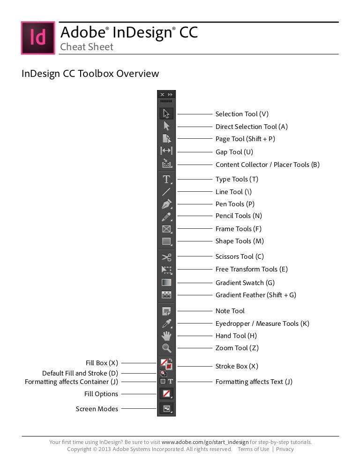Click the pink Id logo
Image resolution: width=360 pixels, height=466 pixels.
pos(38,38)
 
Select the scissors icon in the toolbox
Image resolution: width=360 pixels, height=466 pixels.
pos(166,257)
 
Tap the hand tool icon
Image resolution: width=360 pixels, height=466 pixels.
pos(166,336)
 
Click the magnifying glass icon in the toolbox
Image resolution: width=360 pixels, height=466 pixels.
pos(166,348)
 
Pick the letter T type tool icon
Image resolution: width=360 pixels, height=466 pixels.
pos(166,179)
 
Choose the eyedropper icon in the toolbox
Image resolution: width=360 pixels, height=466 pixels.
pos(166,323)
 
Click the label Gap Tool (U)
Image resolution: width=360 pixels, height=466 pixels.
pos(234,152)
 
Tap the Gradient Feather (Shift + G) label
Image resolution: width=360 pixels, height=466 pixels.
pos(255,295)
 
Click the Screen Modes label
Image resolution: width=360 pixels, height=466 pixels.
pos(97,409)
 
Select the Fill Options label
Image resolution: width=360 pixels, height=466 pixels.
pos(101,394)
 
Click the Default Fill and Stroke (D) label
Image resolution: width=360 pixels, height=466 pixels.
pos(80,373)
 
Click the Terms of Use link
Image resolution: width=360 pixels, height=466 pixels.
pos(253,449)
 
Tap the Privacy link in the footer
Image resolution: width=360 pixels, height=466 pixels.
pos(285,449)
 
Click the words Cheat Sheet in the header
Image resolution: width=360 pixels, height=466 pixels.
pos(87,47)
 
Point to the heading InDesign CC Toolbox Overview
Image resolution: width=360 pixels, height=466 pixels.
pos(90,74)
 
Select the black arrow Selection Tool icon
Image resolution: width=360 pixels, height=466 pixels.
pos(166,114)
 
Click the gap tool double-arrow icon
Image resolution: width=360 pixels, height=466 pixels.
pos(166,151)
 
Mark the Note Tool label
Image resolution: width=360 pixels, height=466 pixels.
pos(230,311)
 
